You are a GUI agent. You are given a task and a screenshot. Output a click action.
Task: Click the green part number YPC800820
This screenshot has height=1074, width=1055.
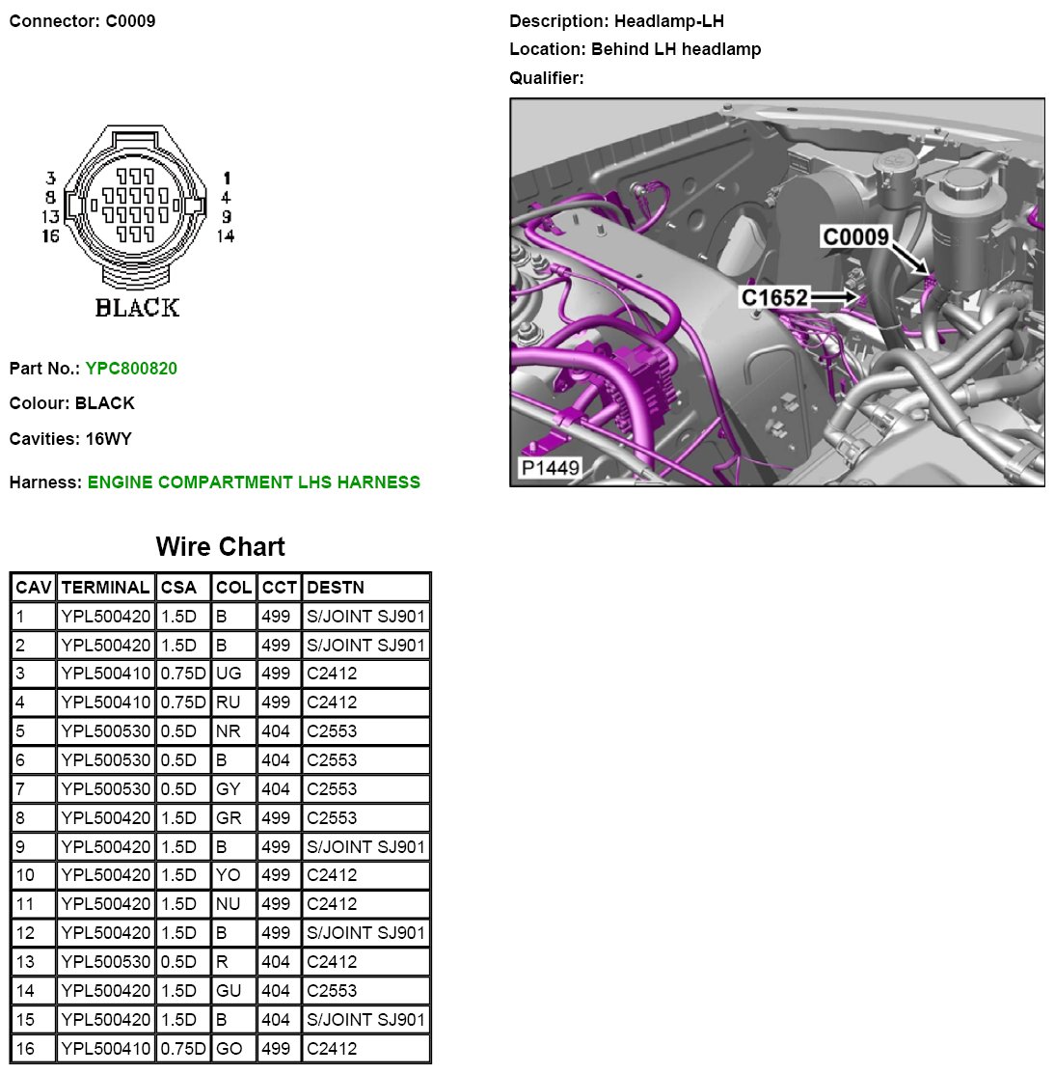131,368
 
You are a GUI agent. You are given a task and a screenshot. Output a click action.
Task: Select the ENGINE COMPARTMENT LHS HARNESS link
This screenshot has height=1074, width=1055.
254,482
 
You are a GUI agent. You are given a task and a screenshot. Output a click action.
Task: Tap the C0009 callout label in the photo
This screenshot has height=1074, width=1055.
855,237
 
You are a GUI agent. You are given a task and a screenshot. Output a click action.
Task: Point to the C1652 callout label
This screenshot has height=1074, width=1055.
774,297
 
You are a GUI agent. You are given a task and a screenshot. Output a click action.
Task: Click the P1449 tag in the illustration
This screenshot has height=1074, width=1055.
550,469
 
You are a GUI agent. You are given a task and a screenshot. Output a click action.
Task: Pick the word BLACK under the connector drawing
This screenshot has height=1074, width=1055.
137,308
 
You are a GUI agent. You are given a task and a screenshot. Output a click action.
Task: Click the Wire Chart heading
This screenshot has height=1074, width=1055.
220,547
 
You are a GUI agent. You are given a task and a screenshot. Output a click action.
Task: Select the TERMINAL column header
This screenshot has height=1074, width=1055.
105,587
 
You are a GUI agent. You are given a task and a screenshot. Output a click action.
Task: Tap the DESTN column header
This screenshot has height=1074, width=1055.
335,587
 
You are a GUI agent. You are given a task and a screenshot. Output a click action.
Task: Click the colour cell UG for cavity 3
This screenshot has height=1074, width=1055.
229,674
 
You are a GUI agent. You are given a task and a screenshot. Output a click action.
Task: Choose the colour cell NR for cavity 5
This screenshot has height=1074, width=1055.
229,731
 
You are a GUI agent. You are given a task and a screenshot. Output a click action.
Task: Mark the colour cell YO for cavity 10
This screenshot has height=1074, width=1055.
229,875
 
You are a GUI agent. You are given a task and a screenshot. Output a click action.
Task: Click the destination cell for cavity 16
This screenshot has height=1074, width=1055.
332,1048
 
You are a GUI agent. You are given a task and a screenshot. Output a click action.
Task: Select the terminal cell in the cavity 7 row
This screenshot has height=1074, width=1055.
105,789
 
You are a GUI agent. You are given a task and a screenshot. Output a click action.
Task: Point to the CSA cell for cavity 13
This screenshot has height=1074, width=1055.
178,962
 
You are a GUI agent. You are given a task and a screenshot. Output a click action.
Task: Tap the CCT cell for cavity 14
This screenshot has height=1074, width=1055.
276,991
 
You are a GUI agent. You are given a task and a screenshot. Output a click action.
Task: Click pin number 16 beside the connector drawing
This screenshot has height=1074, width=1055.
50,236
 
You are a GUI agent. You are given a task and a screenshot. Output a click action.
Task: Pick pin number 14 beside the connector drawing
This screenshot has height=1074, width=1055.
225,236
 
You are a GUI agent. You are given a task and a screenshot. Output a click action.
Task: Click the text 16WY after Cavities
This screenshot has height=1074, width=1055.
109,439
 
